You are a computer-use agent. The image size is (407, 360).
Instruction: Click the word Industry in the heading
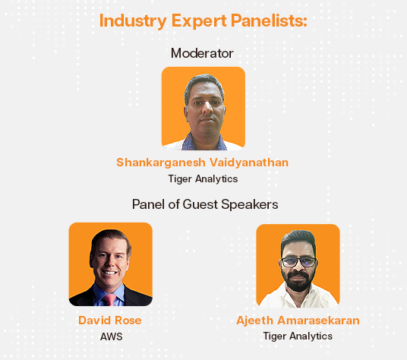click(133, 21)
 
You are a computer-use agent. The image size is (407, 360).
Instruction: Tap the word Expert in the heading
click(199, 21)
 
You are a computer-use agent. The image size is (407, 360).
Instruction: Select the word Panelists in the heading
click(269, 21)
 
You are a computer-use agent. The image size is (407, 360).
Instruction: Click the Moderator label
click(202, 53)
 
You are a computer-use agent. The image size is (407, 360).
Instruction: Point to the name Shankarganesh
click(161, 163)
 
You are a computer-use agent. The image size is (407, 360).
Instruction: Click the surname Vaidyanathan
click(249, 163)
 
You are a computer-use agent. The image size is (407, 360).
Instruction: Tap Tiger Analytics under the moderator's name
click(203, 179)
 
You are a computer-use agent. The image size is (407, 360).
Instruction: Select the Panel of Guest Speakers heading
click(205, 204)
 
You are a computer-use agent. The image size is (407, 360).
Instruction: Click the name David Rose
click(110, 321)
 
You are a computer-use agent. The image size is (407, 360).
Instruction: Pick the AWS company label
click(112, 336)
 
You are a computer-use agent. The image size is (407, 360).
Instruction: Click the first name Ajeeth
click(255, 321)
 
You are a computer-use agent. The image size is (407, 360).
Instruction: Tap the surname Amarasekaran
click(318, 321)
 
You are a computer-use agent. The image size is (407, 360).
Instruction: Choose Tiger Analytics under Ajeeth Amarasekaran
click(298, 336)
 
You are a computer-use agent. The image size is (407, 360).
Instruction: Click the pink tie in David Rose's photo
click(110, 299)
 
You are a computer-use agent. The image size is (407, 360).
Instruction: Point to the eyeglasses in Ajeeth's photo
click(298, 262)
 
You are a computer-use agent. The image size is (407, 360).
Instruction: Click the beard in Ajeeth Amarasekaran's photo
click(298, 282)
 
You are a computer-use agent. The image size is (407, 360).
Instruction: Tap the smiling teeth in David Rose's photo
click(109, 273)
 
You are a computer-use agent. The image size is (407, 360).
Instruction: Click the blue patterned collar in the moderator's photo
click(203, 144)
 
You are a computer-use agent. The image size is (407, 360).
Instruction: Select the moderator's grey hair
click(204, 83)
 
